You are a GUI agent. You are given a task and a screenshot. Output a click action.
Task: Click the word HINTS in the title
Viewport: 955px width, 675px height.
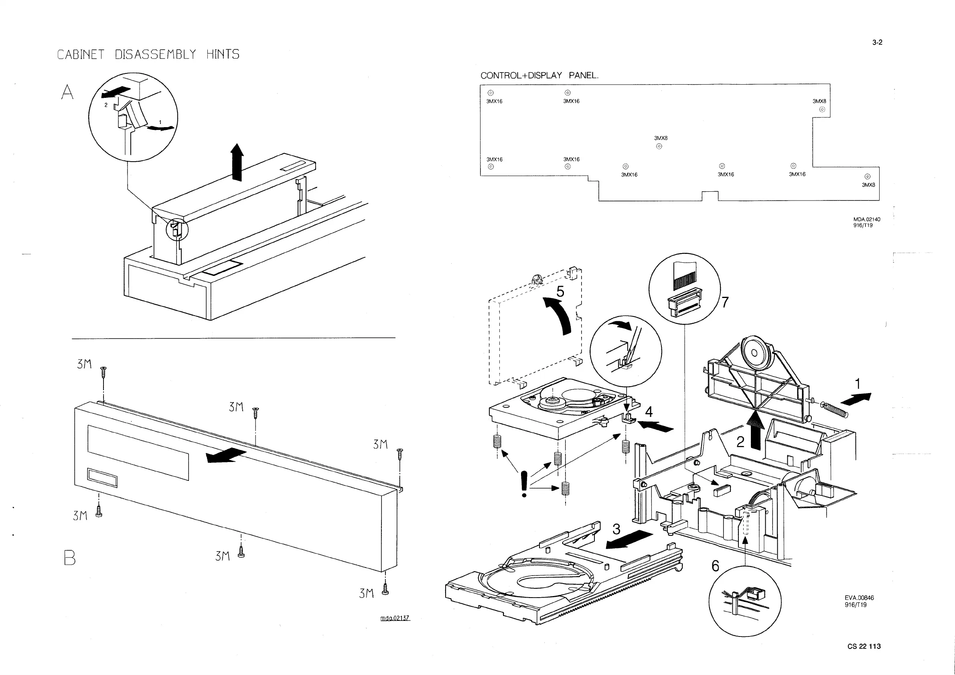(x=223, y=55)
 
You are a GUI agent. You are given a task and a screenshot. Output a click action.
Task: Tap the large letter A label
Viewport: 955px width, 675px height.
(x=67, y=92)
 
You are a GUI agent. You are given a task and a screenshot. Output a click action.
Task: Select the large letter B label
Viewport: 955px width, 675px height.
(x=70, y=558)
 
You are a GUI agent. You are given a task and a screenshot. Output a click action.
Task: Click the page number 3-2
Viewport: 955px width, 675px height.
(x=877, y=43)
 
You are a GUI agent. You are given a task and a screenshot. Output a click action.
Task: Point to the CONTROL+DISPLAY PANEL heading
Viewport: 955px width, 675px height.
(x=539, y=76)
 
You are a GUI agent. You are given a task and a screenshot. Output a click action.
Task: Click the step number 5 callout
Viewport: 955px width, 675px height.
(x=560, y=292)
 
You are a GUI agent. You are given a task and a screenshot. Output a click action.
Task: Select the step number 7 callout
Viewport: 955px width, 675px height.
(x=725, y=302)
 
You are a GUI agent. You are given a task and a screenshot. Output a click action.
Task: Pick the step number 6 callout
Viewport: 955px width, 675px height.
(x=716, y=566)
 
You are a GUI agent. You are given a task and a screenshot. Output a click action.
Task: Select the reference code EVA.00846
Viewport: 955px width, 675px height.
(x=859, y=598)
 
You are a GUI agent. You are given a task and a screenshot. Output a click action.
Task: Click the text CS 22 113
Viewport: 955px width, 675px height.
(x=864, y=646)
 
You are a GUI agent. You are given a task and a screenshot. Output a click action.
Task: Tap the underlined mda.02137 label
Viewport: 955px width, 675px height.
(x=395, y=618)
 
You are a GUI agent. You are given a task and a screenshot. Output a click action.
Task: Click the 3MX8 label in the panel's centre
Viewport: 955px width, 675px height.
(x=661, y=138)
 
